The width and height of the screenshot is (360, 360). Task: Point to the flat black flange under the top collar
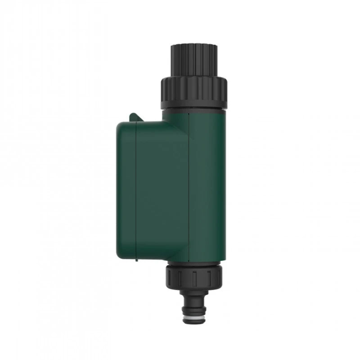pyautogui.click(x=193, y=105)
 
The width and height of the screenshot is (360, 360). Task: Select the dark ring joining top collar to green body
pyautogui.click(x=193, y=109)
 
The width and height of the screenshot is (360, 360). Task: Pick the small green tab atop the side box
pyautogui.click(x=134, y=117)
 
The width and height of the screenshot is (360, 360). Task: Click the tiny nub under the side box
pyautogui.click(x=135, y=260)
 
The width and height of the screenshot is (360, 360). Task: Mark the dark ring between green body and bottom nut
pyautogui.click(x=196, y=263)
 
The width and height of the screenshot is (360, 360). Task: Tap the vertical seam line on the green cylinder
pyautogui.click(x=189, y=184)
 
